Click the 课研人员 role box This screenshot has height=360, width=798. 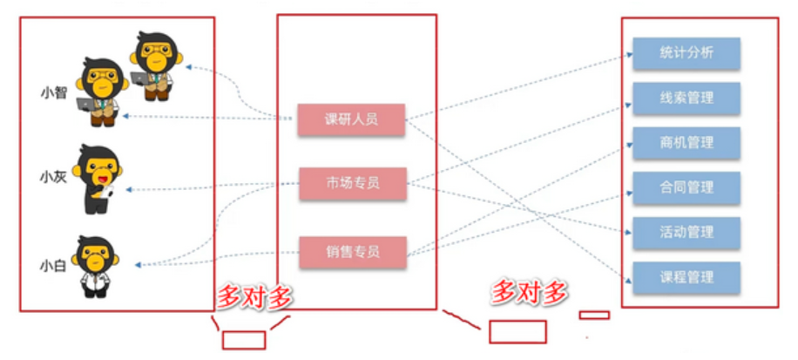351,120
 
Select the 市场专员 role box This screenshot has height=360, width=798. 352,183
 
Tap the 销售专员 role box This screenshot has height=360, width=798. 352,252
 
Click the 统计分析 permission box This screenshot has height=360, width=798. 686,53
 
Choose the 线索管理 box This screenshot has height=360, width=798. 686,98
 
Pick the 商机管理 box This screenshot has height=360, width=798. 686,143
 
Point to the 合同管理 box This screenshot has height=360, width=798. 686,187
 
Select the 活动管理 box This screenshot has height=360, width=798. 686,233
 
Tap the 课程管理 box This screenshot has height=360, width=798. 686,277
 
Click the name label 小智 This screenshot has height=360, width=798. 53,93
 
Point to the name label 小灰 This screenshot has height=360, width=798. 53,177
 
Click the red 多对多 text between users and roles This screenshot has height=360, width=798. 254,297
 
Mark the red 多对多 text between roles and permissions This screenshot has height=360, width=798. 528,292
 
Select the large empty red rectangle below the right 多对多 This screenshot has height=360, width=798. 517,331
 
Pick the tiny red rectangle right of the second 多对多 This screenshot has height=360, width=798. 595,315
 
